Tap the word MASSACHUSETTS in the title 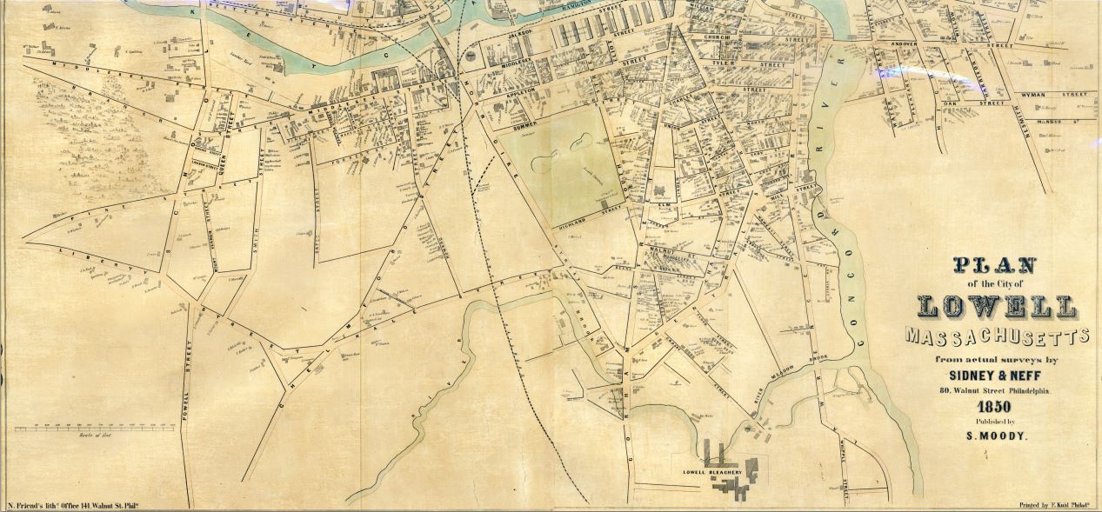coord(997,336)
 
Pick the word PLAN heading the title coord(996,265)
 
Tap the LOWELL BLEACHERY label coord(712,473)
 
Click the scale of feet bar coord(90,428)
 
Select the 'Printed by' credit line coord(1054,505)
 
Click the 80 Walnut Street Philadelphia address coord(995,391)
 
